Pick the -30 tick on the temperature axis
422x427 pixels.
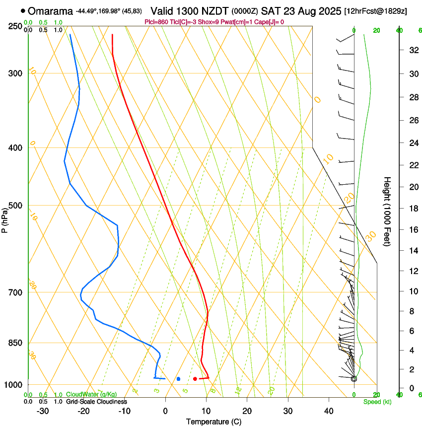(43, 411)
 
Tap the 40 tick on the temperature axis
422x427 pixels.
(328, 411)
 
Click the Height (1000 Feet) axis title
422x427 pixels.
(387, 211)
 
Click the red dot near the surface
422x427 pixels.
(195, 379)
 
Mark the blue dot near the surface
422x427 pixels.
(178, 379)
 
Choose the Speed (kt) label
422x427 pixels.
(377, 402)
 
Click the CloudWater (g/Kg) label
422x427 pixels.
(91, 395)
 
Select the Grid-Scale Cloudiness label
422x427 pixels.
(96, 401)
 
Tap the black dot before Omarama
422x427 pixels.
(23, 11)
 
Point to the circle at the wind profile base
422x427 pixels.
(354, 379)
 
